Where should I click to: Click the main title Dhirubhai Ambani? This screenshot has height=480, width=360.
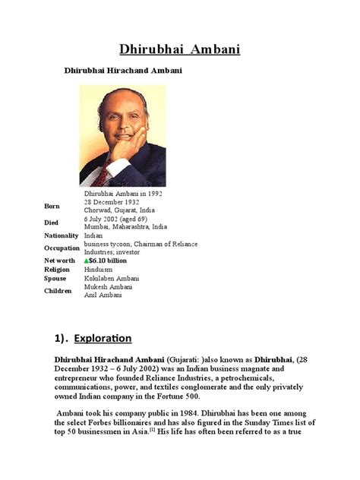click(x=180, y=49)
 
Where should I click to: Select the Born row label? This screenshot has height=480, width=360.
click(x=52, y=206)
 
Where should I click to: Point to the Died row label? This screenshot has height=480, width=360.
click(x=52, y=223)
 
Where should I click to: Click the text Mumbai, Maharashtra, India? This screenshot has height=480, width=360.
click(x=126, y=226)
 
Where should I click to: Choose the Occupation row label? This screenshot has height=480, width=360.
click(x=62, y=248)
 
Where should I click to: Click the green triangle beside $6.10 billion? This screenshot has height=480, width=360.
click(x=87, y=260)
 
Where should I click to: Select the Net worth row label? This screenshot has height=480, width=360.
click(x=60, y=261)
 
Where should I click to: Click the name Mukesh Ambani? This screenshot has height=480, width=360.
click(x=110, y=287)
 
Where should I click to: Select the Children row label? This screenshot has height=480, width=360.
click(x=57, y=291)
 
